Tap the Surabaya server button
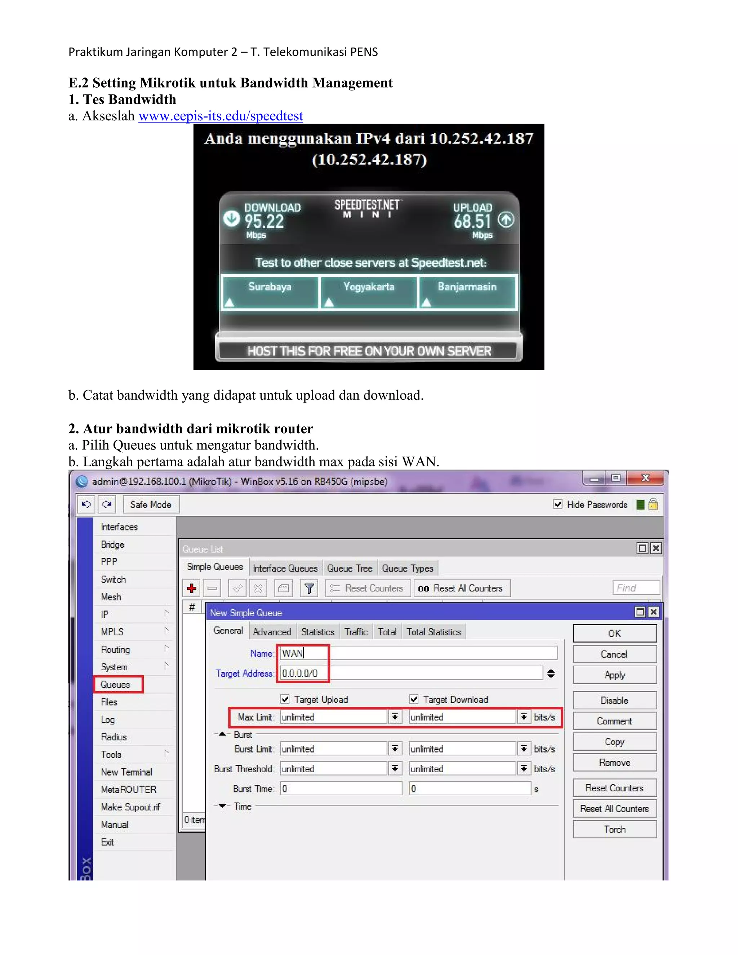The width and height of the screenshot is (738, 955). tap(270, 291)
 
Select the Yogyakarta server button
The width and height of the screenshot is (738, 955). tap(369, 291)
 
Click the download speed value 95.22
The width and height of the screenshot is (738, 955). tap(264, 222)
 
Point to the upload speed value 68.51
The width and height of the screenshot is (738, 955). tap(472, 222)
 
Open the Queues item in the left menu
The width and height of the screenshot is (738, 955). tap(115, 684)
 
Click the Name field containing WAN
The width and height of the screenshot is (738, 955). tap(418, 653)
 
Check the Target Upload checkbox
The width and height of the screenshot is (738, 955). tap(285, 699)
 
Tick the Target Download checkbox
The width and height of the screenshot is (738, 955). tap(414, 699)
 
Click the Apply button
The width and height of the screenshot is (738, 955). tap(614, 675)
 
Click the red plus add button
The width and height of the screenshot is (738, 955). tap(191, 588)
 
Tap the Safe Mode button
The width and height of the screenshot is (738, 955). tap(151, 505)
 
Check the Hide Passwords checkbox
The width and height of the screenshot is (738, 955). tap(558, 504)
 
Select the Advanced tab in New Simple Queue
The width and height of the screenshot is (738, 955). tap(272, 632)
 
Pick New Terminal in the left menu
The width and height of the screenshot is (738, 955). tap(126, 772)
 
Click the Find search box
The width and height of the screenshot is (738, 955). tap(636, 588)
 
